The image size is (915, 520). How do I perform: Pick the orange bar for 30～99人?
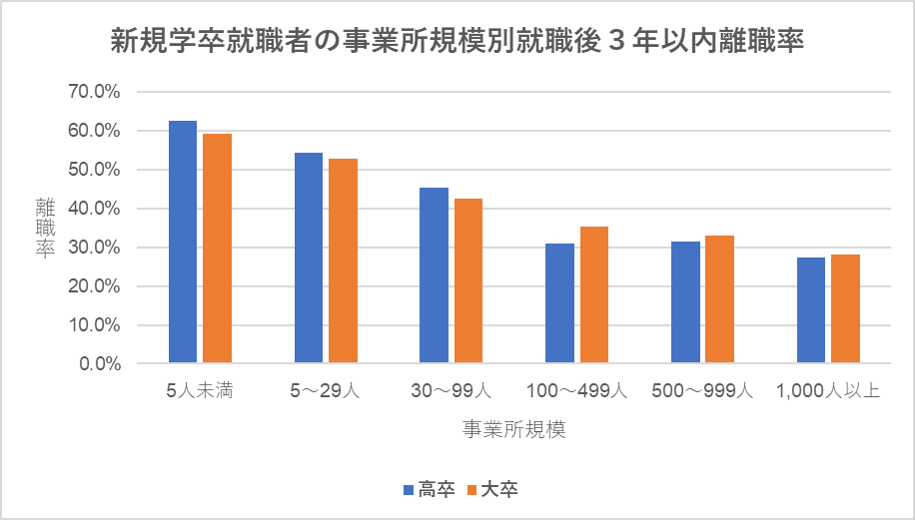(x=468, y=280)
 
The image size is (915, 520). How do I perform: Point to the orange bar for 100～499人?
(x=594, y=294)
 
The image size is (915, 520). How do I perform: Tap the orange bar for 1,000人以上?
(x=845, y=308)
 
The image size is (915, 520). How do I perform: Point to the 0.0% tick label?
(x=99, y=364)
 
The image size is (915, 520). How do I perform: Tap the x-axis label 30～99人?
(x=451, y=390)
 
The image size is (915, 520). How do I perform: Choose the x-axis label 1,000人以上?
(x=827, y=390)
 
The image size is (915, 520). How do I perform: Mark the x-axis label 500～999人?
(x=701, y=390)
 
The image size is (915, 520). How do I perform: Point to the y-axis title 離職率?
(x=45, y=228)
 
